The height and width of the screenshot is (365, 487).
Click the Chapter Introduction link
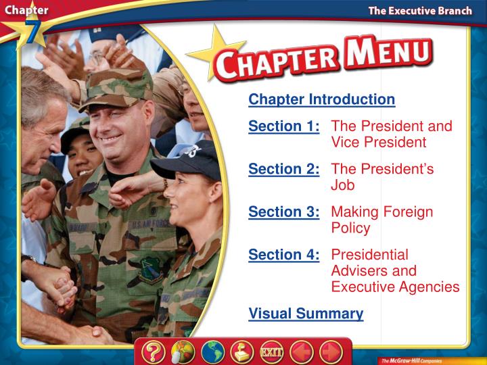pos(321,100)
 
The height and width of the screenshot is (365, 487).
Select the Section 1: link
pos(283,126)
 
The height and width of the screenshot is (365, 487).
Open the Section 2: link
pos(283,169)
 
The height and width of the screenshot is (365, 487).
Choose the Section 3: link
pos(283,212)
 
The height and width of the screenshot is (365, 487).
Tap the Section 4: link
pos(283,255)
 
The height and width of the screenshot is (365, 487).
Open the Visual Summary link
pos(306,314)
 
